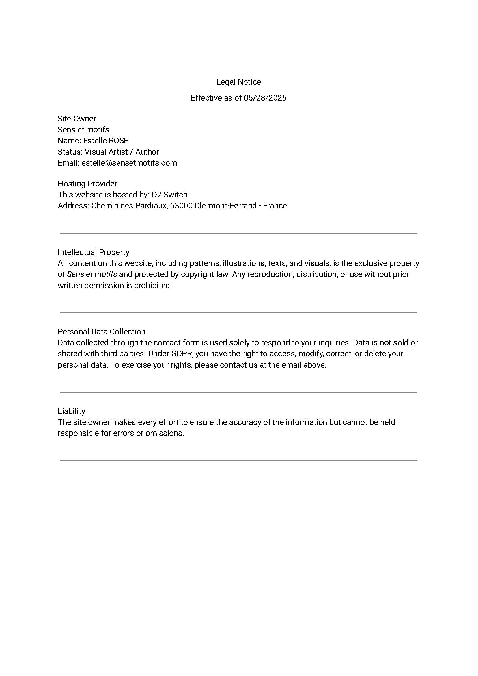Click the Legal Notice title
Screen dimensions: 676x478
point(238,82)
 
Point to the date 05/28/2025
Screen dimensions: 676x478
point(265,98)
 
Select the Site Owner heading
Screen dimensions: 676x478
point(77,119)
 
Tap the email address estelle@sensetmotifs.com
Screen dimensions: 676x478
point(129,163)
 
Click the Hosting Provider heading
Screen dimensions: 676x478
point(87,184)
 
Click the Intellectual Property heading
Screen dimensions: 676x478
point(93,252)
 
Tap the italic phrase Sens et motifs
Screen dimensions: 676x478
point(92,274)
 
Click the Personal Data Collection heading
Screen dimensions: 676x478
point(102,332)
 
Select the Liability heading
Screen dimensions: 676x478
point(71,411)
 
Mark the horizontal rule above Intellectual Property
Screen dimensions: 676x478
point(238,233)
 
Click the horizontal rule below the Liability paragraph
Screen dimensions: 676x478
point(238,460)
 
